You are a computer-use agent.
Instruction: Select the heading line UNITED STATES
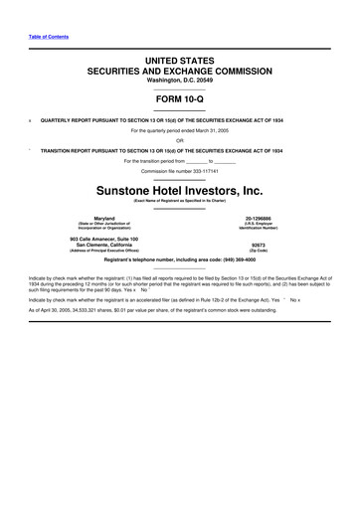point(179,62)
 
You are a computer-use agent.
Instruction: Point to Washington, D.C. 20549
point(179,83)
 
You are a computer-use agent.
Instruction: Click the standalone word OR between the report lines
point(179,139)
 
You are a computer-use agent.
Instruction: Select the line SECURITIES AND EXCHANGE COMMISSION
point(179,73)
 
